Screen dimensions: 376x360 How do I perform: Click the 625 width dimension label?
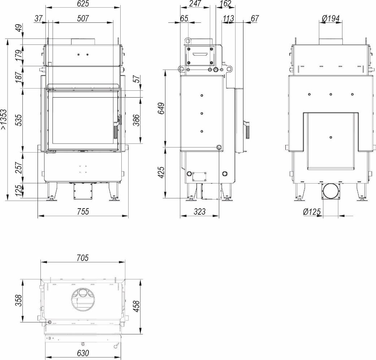pyautogui.click(x=83, y=3)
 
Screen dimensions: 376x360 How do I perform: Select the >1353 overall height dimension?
pyautogui.click(x=4, y=120)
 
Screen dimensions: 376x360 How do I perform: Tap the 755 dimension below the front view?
pyautogui.click(x=83, y=211)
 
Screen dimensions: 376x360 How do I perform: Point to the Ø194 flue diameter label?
pyautogui.click(x=331, y=18)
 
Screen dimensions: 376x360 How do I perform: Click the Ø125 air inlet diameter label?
pyautogui.click(x=312, y=212)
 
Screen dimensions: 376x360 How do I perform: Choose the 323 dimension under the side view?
pyautogui.click(x=199, y=211)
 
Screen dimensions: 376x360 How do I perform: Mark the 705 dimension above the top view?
pyautogui.click(x=83, y=258)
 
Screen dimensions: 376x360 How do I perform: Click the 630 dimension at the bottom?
pyautogui.click(x=83, y=353)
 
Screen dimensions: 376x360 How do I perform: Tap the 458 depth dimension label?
pyautogui.click(x=136, y=306)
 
